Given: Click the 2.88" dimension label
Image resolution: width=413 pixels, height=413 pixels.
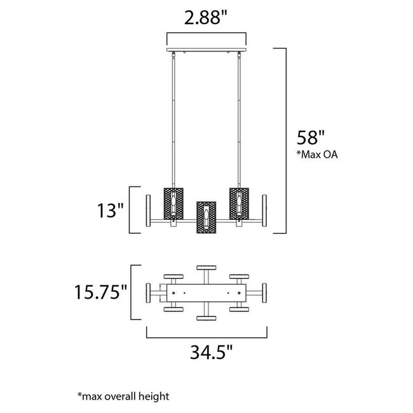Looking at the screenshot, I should pos(206,17).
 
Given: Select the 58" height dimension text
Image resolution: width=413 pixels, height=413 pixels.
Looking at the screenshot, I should pos(311,137).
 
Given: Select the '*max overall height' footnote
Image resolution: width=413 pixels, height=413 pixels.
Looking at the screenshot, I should pos(123,396).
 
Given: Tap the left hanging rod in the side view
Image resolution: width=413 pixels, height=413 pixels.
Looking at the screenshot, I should pos(173,121).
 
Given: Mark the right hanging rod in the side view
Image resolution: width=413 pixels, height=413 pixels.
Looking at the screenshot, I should pos(240,121).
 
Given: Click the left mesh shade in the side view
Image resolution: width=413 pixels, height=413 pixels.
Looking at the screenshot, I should pos(173,204).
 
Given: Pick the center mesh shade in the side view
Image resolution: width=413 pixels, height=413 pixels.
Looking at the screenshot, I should pos(207,218).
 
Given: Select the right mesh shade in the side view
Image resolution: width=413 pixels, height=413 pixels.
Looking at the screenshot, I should pos(240,204).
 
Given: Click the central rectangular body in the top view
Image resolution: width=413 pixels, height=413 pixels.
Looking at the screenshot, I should pos(207,294).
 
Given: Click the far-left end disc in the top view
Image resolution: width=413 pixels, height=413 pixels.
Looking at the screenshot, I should pos(149,294).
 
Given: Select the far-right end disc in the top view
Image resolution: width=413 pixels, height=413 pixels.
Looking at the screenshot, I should pos(264,294).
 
